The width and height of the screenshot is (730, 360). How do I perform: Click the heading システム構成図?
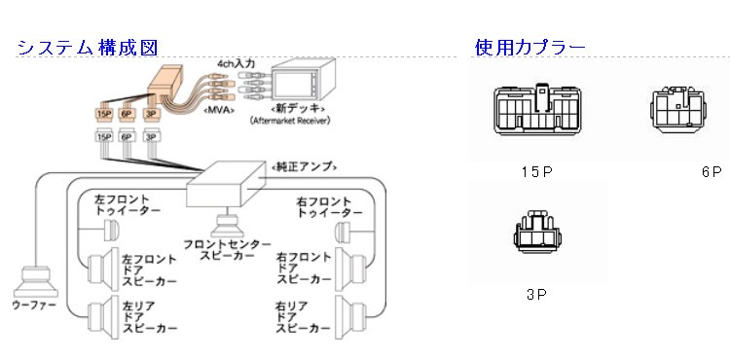click(87, 47)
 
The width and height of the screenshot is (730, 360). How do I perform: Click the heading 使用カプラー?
click(529, 47)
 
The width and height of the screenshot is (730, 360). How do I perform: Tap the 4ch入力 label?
click(236, 62)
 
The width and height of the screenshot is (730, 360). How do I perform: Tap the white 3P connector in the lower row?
click(151, 137)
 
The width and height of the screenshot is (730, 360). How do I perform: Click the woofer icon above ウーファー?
click(33, 283)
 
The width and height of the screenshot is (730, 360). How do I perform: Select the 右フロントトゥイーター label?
click(329, 207)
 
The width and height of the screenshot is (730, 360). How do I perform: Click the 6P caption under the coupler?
click(711, 171)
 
